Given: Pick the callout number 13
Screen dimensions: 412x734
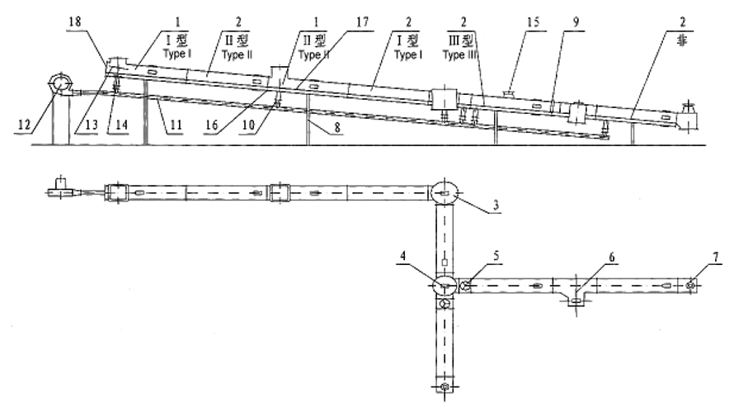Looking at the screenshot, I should (78, 124).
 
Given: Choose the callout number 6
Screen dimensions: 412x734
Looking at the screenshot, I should (609, 258).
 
